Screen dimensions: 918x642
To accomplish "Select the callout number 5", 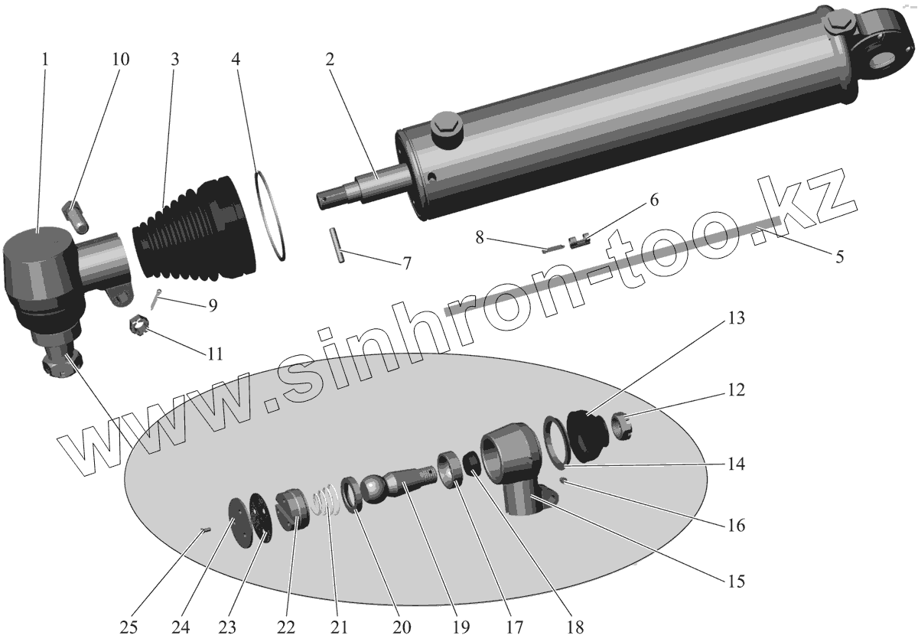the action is point(839,257).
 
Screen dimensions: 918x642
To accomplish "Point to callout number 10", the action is point(120,60).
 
